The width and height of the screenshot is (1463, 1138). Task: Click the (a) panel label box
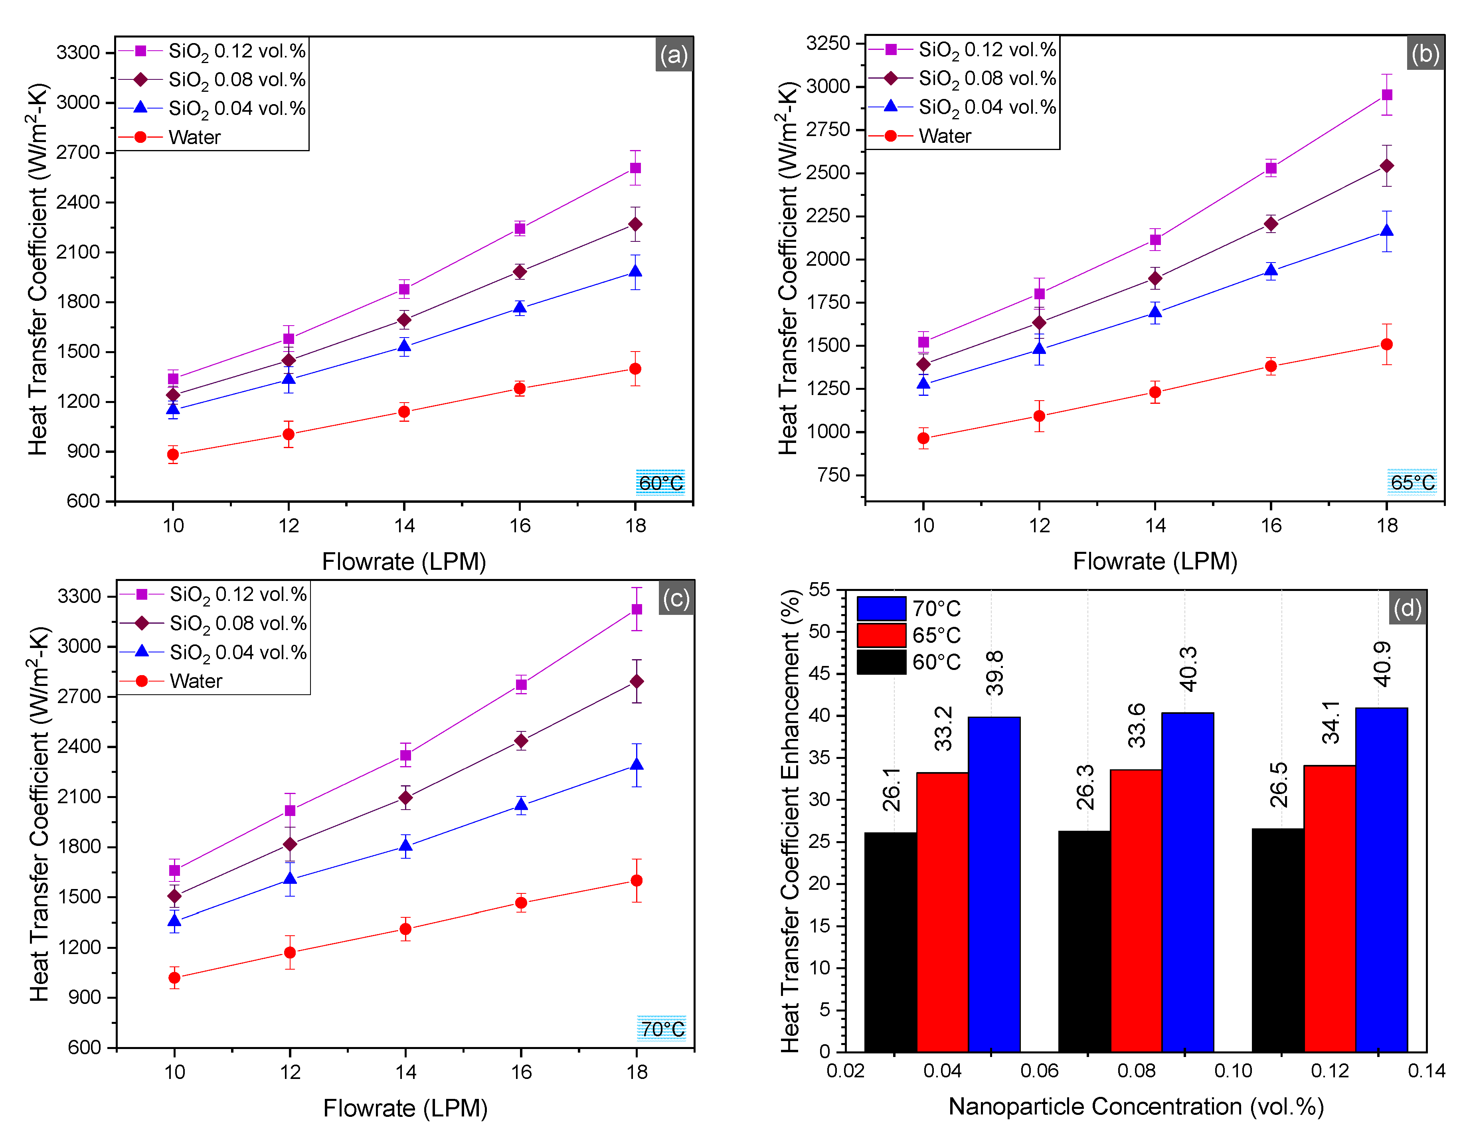tap(673, 55)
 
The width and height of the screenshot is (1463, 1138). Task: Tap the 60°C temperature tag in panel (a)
tap(660, 482)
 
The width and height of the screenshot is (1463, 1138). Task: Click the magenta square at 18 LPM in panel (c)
tap(637, 609)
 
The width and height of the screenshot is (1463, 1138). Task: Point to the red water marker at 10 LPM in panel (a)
tap(173, 454)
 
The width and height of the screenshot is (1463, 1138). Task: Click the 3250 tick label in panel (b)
tap(828, 43)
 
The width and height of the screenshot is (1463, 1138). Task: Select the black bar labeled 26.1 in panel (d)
tap(890, 941)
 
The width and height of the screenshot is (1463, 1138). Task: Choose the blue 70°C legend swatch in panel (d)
tap(882, 608)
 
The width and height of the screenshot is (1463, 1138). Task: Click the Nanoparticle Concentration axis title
tap(1136, 1106)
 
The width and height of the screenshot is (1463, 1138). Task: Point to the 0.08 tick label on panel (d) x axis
tap(1136, 1070)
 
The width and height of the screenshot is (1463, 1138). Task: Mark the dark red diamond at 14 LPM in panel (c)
tap(405, 798)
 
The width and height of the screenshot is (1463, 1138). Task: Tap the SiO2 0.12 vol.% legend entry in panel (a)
tap(237, 51)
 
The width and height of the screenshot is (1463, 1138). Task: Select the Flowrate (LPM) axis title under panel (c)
tap(405, 1108)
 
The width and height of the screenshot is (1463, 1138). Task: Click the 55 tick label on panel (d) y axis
tap(818, 589)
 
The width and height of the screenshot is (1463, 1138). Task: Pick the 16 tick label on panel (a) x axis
tap(520, 525)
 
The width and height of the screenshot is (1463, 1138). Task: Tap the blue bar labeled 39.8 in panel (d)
tap(994, 883)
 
